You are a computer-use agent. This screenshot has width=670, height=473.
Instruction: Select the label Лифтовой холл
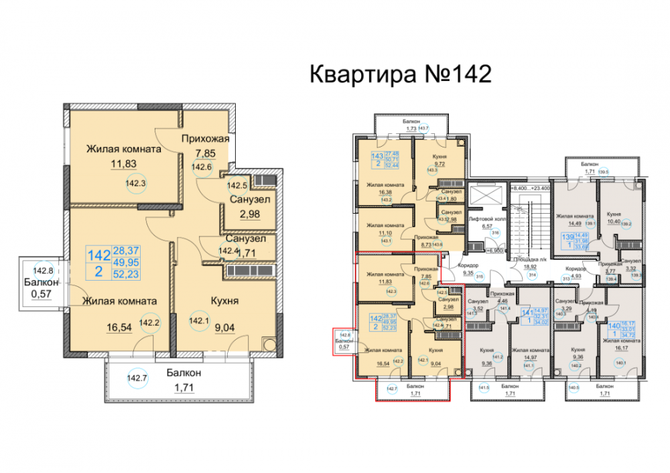pyautogui.click(x=486, y=218)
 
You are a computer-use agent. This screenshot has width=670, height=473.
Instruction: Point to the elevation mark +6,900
pyautogui.click(x=492, y=249)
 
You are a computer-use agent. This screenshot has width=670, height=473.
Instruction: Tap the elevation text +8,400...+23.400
pyautogui.click(x=530, y=188)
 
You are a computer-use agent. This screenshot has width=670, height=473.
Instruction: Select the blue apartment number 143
pyautogui.click(x=377, y=157)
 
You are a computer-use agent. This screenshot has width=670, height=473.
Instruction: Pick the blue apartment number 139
pyautogui.click(x=565, y=238)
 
